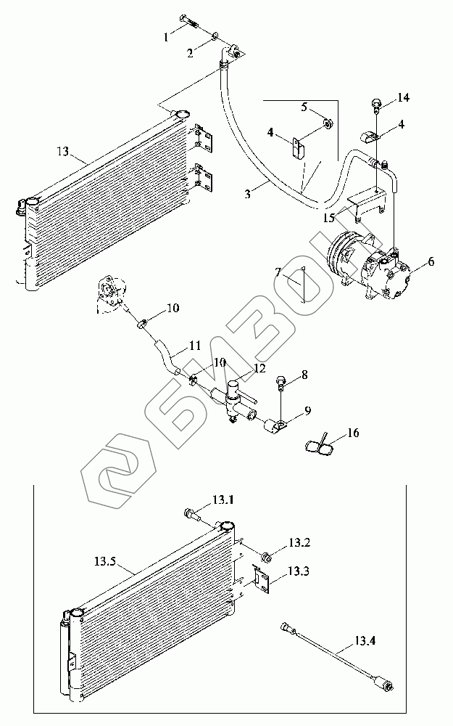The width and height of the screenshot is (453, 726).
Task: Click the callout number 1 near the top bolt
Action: (x=167, y=38)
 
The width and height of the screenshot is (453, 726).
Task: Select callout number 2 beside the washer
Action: (x=190, y=53)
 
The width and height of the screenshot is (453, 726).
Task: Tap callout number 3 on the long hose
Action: (x=248, y=194)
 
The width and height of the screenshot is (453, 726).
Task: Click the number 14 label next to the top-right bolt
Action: (x=403, y=98)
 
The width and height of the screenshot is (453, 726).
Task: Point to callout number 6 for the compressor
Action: (x=431, y=261)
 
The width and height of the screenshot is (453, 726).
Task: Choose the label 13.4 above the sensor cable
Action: (x=365, y=641)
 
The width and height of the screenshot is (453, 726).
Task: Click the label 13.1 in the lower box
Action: (x=223, y=500)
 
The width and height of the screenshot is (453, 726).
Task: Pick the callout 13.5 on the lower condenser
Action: (x=105, y=562)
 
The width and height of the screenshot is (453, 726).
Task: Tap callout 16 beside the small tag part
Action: (x=353, y=433)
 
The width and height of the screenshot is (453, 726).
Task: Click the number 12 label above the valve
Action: (x=260, y=368)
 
